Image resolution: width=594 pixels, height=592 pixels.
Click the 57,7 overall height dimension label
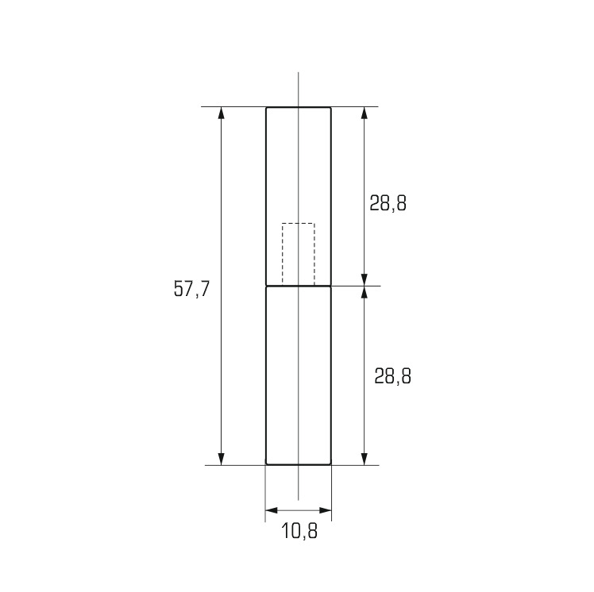[x=191, y=289]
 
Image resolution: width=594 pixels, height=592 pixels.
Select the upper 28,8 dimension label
[x=388, y=203]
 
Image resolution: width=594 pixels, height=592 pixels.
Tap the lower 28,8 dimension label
[x=393, y=376]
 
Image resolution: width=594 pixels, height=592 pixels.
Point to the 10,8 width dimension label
[x=299, y=531]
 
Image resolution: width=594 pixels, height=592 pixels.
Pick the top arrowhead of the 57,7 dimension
[x=222, y=113]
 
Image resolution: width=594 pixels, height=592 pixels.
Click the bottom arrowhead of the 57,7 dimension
[x=222, y=459]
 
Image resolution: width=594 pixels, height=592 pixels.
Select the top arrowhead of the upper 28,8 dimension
[x=364, y=113]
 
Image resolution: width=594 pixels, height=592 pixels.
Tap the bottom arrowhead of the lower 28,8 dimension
[x=364, y=459]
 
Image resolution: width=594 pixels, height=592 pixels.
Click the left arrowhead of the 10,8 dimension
[x=272, y=510]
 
